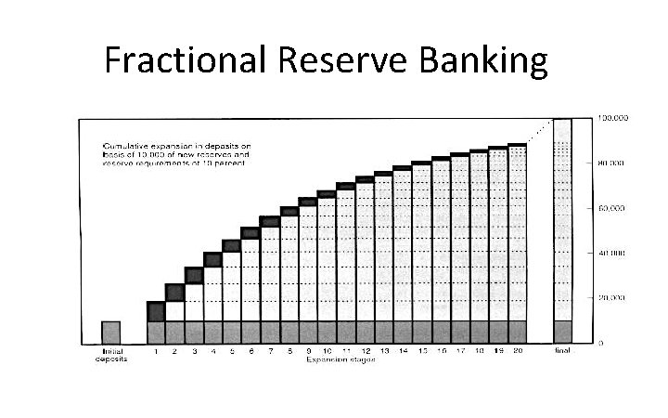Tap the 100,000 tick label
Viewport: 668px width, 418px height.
[x=614, y=119]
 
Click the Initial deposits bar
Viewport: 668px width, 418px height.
[x=111, y=332]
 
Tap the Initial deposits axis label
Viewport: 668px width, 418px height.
[x=111, y=355]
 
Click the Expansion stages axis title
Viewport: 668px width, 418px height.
[x=336, y=359]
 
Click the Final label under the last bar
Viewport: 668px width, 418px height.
[x=562, y=351]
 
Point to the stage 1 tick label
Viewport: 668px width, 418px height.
[x=156, y=351]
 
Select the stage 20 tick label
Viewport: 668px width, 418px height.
[x=517, y=351]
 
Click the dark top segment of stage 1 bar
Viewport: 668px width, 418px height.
[x=156, y=311]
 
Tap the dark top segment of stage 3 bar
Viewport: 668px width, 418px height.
[x=194, y=275]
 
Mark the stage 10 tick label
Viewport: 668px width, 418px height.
[x=327, y=351]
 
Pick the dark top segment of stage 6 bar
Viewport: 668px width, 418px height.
[x=250, y=232]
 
